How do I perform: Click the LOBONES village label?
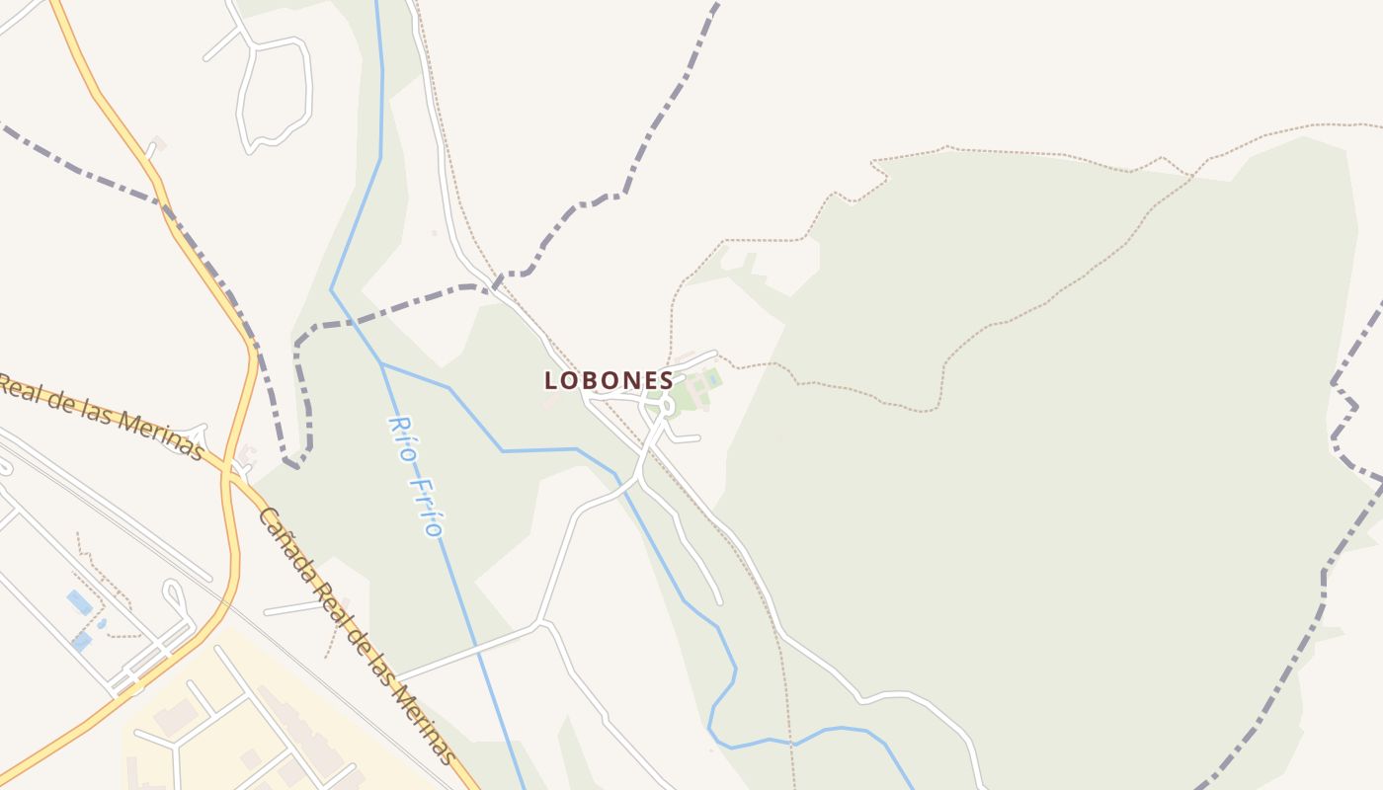609,380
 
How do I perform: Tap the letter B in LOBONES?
592,380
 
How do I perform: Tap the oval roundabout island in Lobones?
666,404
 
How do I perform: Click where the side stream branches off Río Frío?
381,363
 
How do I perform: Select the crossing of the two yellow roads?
230,471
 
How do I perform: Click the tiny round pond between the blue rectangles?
101,624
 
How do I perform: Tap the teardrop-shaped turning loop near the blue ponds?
176,593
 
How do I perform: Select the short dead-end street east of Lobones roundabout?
686,437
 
